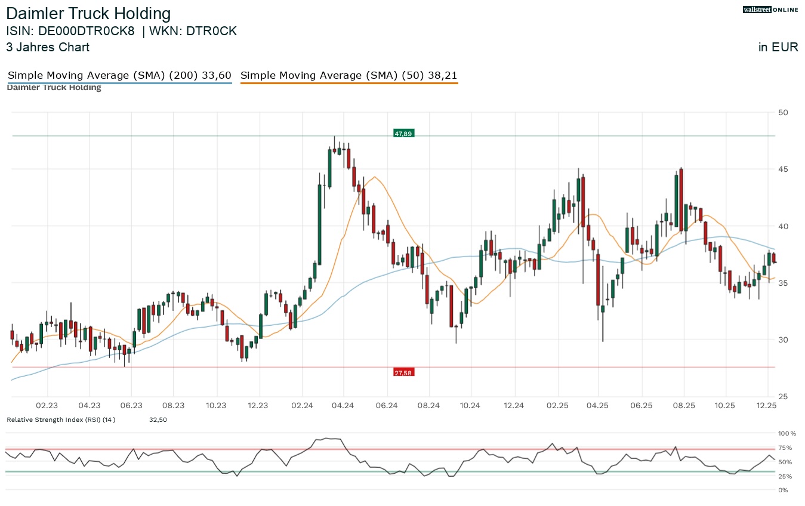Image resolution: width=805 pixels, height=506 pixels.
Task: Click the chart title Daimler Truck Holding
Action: point(88,14)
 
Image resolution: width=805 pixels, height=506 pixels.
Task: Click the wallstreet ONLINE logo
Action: point(770,10)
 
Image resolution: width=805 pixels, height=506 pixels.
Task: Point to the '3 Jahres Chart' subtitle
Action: point(48,47)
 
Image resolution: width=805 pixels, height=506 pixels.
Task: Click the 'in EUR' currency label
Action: point(778,47)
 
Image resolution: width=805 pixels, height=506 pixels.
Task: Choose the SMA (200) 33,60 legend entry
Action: point(119,75)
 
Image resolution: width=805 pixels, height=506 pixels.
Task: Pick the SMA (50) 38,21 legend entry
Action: point(349,75)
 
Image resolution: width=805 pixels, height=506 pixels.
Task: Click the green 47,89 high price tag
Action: point(404,134)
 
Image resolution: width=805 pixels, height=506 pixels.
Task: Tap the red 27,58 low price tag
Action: point(404,373)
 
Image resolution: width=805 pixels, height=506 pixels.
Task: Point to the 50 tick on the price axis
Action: point(783,113)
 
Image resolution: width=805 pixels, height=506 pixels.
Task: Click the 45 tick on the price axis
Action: point(783,169)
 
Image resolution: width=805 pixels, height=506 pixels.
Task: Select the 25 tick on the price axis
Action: point(783,397)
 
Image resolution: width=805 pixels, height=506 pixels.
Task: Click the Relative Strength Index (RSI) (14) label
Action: point(61,420)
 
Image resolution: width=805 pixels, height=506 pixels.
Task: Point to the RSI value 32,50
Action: point(158,420)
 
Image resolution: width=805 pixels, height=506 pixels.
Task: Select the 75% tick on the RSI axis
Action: point(785,448)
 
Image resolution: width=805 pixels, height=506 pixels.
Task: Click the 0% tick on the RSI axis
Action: point(782,490)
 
